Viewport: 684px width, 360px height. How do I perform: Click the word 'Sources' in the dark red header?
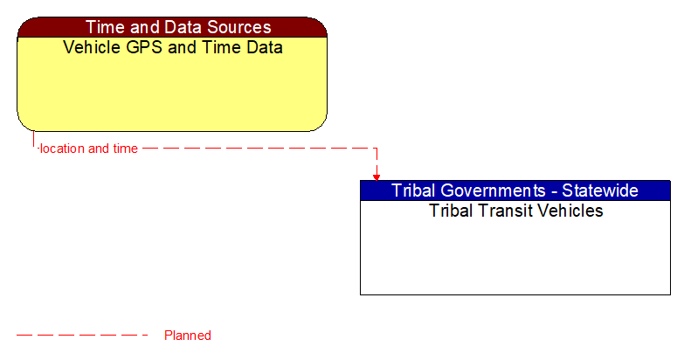[233, 27]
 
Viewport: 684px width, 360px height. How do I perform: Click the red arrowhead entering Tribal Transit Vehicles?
[377, 177]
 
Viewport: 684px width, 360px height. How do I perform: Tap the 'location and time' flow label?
[88, 149]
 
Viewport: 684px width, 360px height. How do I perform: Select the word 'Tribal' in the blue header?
[414, 190]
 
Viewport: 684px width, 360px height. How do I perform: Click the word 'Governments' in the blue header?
[494, 190]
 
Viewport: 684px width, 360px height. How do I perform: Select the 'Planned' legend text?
[188, 336]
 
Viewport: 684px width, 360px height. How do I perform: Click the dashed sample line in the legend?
[82, 335]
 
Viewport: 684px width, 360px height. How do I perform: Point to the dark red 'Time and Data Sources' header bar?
[172, 27]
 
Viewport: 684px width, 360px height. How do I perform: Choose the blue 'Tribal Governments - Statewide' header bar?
[515, 190]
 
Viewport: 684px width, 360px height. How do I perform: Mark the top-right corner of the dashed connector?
[377, 149]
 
